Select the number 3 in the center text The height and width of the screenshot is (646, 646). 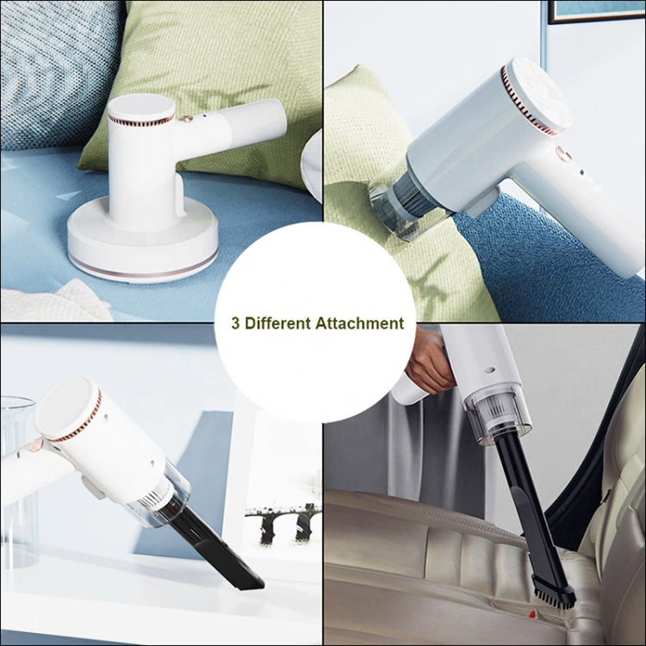click(236, 324)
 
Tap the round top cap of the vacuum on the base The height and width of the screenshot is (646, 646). click(140, 107)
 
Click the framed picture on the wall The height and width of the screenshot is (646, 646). click(594, 10)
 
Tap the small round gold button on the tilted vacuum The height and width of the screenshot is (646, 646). click(565, 154)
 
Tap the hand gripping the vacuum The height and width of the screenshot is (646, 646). click(428, 362)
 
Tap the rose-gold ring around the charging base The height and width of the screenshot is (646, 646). click(142, 266)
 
